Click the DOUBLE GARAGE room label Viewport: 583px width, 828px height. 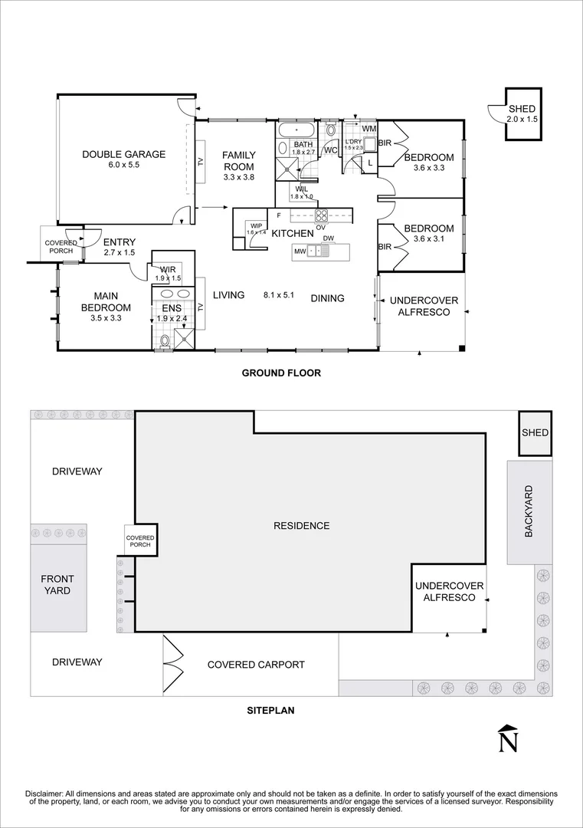coord(123,154)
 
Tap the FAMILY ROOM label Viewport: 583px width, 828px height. coord(238,160)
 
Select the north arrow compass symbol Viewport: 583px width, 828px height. coord(506,738)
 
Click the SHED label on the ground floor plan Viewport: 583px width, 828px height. coord(522,110)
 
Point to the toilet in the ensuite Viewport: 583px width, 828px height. coord(165,340)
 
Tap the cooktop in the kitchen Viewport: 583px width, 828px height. coord(322,215)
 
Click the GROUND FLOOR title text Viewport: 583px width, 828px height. coord(280,373)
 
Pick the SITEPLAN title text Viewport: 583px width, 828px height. coord(270,710)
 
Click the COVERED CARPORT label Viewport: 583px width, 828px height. coord(256,665)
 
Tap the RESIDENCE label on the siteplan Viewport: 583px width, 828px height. coord(301,526)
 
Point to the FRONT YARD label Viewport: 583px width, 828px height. coord(56,585)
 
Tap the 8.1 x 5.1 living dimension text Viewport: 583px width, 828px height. coord(279,295)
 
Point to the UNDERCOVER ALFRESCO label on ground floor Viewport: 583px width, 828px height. coord(419,306)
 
